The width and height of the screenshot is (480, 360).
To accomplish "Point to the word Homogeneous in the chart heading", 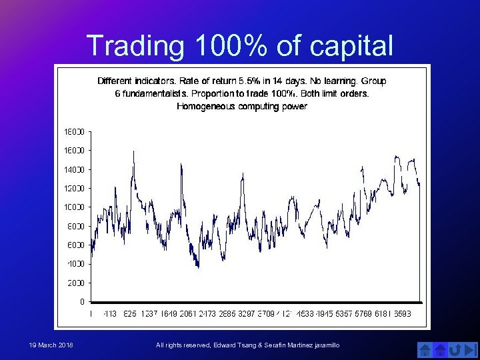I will point(205,106).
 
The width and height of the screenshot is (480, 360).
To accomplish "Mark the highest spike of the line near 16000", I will point(134,151).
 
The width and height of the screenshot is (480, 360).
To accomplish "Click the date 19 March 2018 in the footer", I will point(52,345).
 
